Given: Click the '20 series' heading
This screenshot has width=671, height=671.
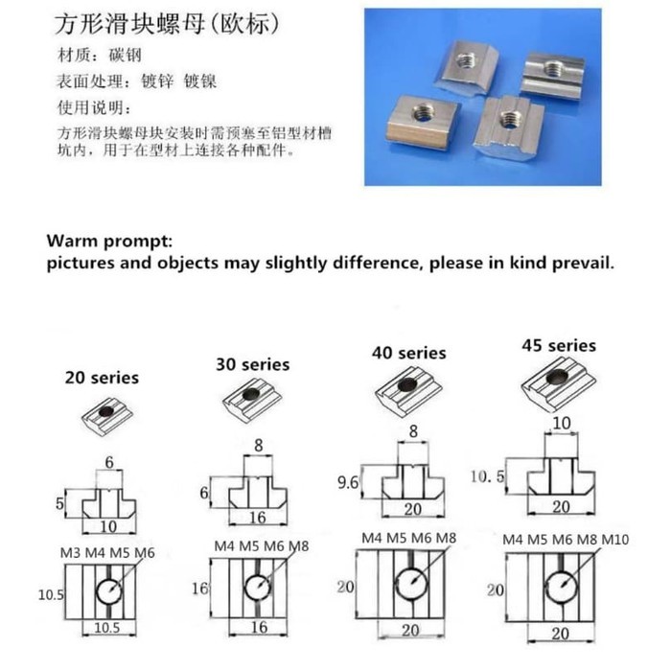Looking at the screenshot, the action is tap(102, 378).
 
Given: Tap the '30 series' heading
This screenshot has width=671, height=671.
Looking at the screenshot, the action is tap(252, 364).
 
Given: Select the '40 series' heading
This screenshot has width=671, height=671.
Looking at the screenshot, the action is tap(408, 353).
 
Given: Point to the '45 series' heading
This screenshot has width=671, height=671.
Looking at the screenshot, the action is tap(559, 346).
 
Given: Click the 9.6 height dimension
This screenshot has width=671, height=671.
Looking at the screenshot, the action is tap(347, 483).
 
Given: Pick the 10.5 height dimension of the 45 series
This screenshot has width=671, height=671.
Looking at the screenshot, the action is tap(487, 476).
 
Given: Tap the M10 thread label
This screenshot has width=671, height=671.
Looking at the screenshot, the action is tap(615, 540).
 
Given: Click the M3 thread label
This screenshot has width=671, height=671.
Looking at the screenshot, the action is tap(70, 553).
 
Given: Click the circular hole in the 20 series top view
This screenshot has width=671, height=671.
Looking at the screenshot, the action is tap(109, 591).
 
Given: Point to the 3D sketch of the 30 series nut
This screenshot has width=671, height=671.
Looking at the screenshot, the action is tap(251, 400).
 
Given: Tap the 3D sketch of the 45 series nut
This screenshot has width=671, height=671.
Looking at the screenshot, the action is tap(559, 383).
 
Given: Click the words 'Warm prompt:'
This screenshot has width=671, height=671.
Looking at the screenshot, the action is tap(109, 242).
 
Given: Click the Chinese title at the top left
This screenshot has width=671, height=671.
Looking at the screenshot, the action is tap(167, 24).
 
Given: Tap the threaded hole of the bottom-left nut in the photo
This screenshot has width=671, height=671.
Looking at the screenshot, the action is tap(423, 113).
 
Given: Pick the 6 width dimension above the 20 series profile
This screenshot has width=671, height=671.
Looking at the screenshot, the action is tap(109, 462).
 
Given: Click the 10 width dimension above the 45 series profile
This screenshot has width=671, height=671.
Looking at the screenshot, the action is tap(562, 424).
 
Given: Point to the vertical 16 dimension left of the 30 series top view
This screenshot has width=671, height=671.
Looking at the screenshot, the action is tap(199, 589).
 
